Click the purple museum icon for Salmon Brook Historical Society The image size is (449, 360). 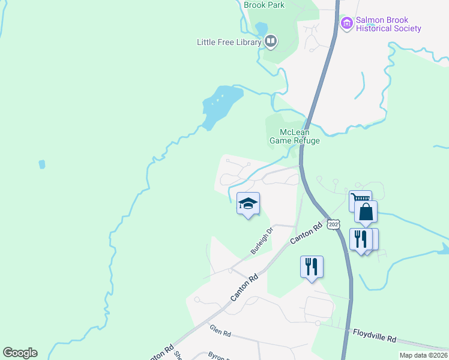click(346, 24)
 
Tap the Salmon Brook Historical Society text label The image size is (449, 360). click(388, 24)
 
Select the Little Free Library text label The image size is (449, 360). click(229, 42)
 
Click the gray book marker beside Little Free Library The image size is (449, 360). click(271, 41)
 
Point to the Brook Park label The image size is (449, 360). click(264, 5)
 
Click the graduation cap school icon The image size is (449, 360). click(248, 203)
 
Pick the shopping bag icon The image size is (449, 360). click(366, 212)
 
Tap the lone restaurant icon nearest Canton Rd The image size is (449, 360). click(312, 266)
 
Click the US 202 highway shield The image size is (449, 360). click(334, 224)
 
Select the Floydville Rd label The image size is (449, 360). click(374, 335)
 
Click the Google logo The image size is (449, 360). click(20, 353)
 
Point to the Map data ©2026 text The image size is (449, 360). click(423, 355)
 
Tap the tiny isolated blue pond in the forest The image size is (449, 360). click(41, 164)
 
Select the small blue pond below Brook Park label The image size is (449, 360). click(261, 28)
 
